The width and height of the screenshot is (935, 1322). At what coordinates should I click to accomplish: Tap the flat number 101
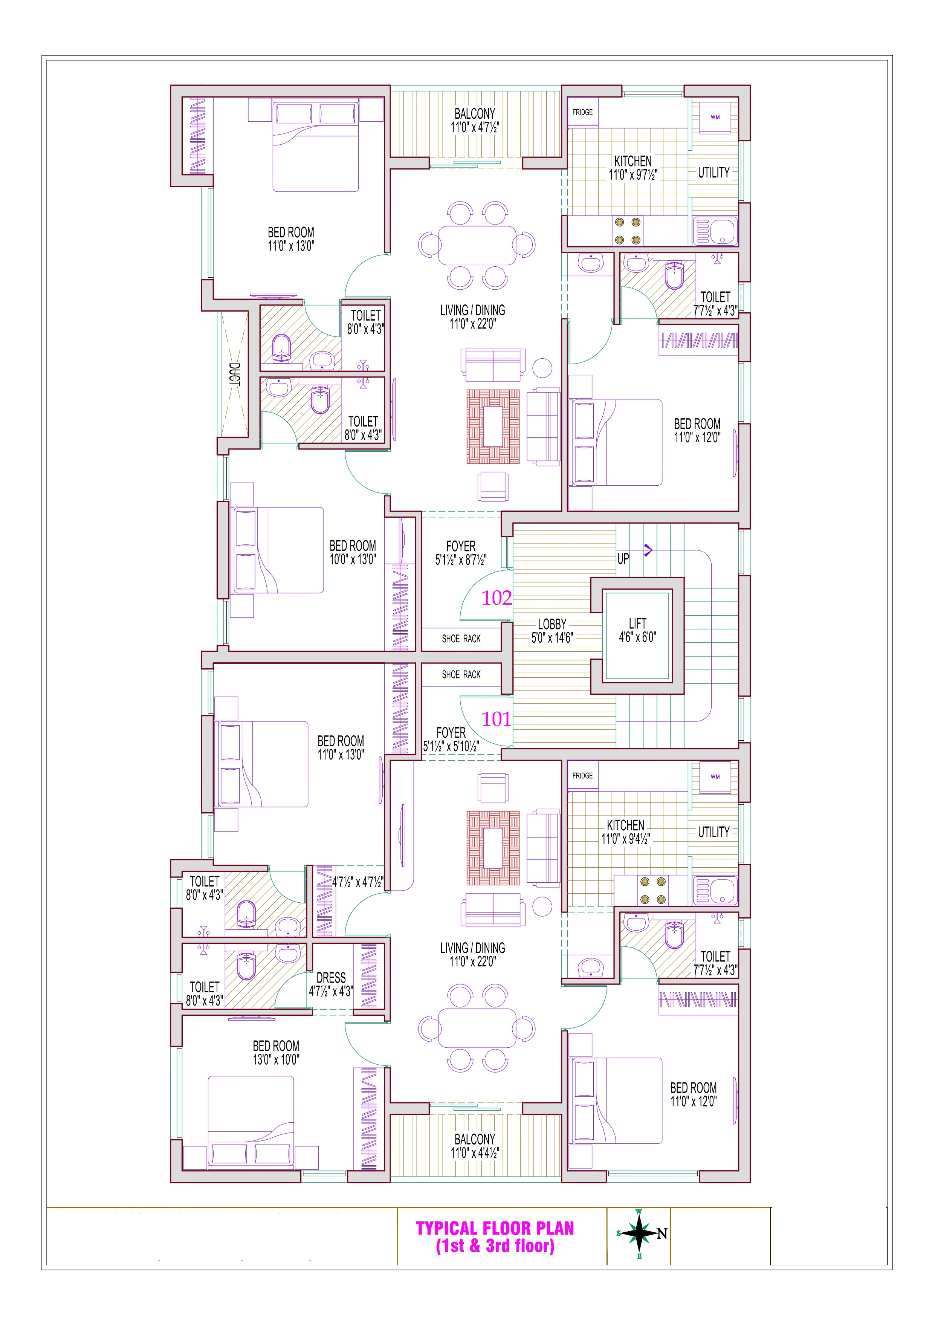point(496,719)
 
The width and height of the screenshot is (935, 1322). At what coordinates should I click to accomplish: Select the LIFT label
point(637,623)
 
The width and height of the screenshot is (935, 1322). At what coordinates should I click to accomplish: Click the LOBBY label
point(552,624)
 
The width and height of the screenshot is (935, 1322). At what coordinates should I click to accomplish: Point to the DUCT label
point(235,374)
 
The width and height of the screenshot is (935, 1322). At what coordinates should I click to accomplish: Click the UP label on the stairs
point(623,558)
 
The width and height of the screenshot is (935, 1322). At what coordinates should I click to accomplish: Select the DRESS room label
point(331,978)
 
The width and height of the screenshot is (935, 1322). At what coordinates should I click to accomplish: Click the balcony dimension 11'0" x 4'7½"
point(475,127)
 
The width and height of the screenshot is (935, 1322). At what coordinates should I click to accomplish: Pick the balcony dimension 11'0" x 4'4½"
point(475,1153)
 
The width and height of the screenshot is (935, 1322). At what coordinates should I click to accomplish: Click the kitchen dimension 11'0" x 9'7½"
point(633,174)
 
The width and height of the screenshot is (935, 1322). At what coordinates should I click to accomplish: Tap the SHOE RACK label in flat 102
point(461,639)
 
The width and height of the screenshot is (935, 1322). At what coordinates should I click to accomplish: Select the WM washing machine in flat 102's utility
point(715,118)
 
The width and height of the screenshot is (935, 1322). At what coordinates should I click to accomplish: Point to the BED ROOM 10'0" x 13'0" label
point(353,552)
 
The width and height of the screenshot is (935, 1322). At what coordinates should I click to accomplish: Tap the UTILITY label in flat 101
point(714,832)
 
